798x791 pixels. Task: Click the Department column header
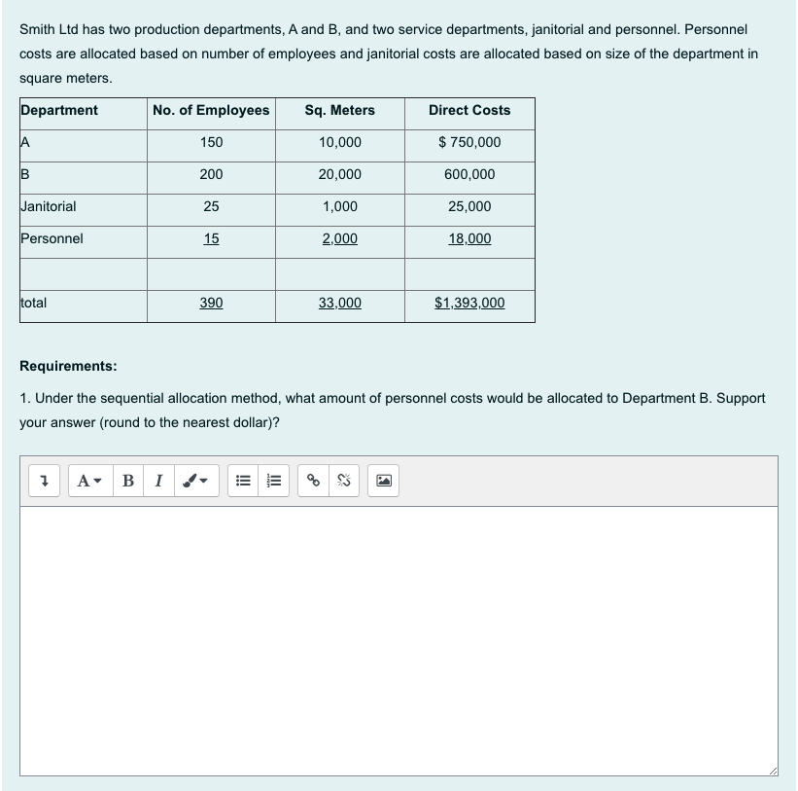pyautogui.click(x=59, y=111)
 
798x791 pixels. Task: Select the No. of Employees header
pyautogui.click(x=211, y=111)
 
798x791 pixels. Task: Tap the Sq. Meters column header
pyautogui.click(x=339, y=111)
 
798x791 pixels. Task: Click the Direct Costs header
pyautogui.click(x=469, y=111)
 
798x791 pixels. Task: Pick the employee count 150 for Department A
pyautogui.click(x=211, y=143)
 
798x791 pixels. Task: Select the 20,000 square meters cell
pyautogui.click(x=339, y=175)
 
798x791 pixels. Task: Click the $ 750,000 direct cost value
pyautogui.click(x=469, y=143)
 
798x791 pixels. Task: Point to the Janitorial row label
pyautogui.click(x=49, y=206)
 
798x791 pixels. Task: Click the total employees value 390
pyautogui.click(x=211, y=304)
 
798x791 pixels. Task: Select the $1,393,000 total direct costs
pyautogui.click(x=469, y=304)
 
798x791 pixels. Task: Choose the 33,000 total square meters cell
pyautogui.click(x=339, y=304)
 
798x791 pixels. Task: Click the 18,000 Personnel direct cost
pyautogui.click(x=469, y=239)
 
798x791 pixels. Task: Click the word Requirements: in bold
pyautogui.click(x=68, y=367)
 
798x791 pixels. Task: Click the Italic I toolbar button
pyautogui.click(x=158, y=480)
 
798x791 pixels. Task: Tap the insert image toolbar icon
pyautogui.click(x=386, y=480)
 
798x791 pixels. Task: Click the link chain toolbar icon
pyautogui.click(x=314, y=480)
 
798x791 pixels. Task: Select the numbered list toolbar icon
pyautogui.click(x=275, y=480)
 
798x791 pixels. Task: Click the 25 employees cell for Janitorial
pyautogui.click(x=211, y=207)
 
